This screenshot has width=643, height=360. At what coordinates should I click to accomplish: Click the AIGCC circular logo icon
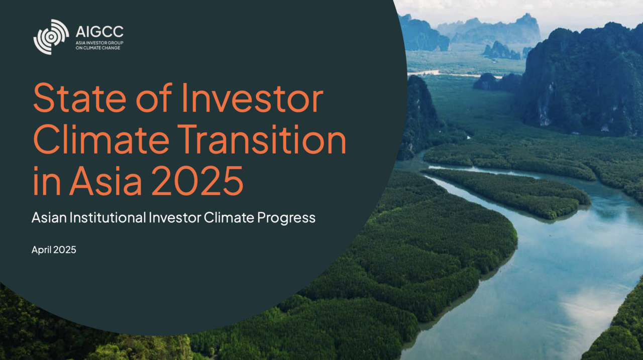pos(51,37)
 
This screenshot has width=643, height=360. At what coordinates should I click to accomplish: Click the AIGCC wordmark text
pos(99,32)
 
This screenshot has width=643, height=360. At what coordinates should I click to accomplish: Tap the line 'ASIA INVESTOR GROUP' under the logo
pos(99,43)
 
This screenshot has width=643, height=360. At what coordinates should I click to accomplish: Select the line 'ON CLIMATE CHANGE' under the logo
pos(98,48)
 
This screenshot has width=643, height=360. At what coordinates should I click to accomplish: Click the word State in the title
pos(79,98)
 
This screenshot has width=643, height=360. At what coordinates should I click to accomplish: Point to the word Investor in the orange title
pos(252,98)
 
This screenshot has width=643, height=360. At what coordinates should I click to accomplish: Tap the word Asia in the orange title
pos(105,181)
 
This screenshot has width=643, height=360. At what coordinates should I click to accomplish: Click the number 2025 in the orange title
pos(197,181)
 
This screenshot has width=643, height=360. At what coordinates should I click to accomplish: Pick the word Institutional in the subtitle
pos(108,217)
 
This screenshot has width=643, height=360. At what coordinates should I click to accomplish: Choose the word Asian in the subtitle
pos(49,217)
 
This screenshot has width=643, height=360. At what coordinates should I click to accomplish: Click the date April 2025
pos(54,250)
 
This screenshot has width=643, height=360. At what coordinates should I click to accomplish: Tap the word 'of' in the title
pos(154,97)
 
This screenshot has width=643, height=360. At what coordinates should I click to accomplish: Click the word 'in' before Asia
pos(47,181)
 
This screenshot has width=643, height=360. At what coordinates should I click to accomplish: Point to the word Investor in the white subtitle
pos(175,217)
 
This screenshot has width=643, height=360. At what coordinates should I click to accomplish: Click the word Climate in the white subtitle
pos(229,217)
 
